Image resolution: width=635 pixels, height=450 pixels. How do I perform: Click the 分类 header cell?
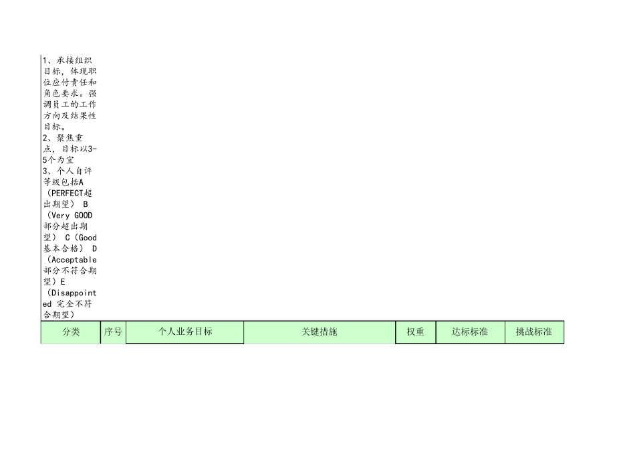tap(71, 332)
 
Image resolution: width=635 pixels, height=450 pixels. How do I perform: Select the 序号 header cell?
tap(113, 332)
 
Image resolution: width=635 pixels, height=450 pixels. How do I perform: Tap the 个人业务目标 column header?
tap(185, 332)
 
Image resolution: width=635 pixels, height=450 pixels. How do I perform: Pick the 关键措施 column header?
tap(320, 332)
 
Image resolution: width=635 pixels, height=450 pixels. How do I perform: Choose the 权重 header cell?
tap(415, 332)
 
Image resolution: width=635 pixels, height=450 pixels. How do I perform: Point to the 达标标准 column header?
tap(470, 332)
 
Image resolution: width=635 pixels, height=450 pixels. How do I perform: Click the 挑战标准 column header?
tap(534, 332)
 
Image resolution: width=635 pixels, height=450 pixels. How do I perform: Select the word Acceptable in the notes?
tap(73, 259)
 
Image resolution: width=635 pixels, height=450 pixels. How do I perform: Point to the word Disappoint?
tap(73, 293)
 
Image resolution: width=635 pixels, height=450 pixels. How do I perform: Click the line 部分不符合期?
tap(70, 270)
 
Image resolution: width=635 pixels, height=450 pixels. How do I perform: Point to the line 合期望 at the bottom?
tap(59, 314)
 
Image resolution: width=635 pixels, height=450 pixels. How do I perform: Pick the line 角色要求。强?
tap(70, 93)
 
